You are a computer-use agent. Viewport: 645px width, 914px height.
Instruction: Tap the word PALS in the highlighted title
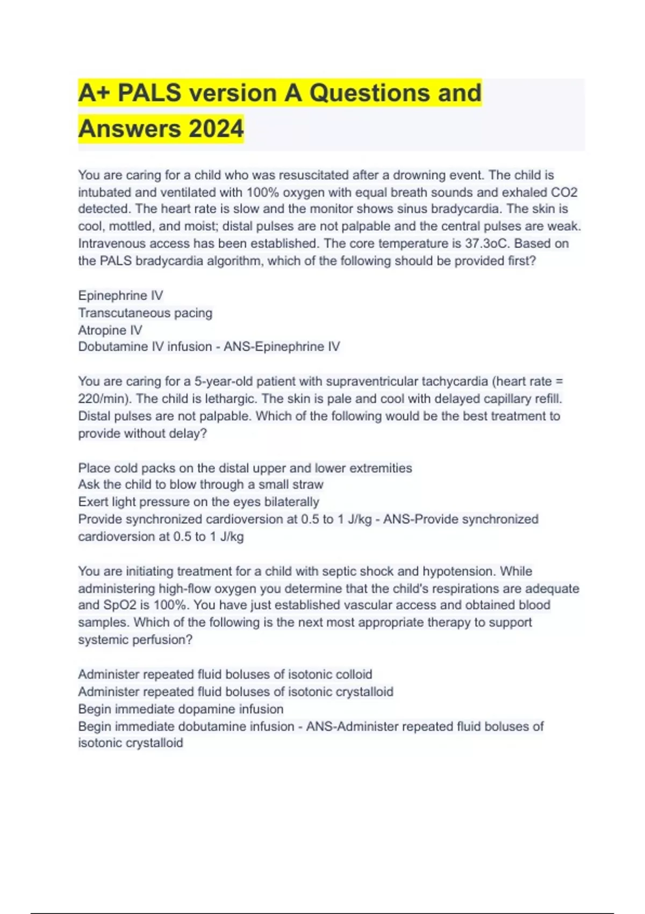pyautogui.click(x=149, y=92)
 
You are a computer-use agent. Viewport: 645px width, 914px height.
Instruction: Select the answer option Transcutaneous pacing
pyautogui.click(x=145, y=312)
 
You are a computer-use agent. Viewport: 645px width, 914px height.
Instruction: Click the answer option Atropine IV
pyautogui.click(x=110, y=330)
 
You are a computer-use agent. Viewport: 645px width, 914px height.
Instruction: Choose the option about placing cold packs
pyautogui.click(x=245, y=468)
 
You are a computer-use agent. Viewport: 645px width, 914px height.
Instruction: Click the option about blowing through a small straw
pyautogui.click(x=200, y=484)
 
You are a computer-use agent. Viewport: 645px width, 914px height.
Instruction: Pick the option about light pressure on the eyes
pyautogui.click(x=198, y=502)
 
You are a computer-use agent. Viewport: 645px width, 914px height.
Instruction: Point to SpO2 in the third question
pyautogui.click(x=120, y=605)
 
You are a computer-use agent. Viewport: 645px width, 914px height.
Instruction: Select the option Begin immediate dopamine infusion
pyautogui.click(x=181, y=709)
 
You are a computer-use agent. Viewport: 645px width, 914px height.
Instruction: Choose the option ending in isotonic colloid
pyautogui.click(x=225, y=674)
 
